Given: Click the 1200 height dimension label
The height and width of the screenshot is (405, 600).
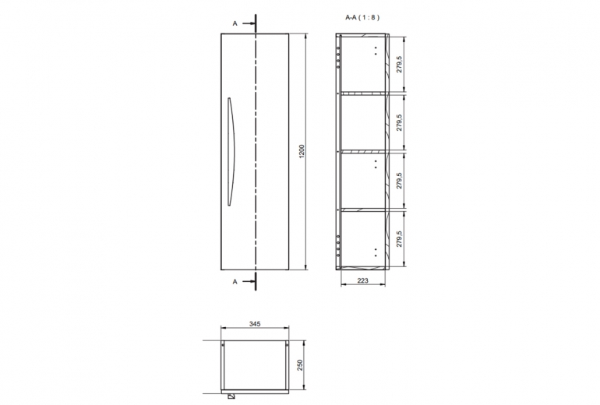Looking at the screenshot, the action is [x=302, y=151].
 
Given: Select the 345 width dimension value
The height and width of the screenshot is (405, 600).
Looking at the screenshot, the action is [x=255, y=324].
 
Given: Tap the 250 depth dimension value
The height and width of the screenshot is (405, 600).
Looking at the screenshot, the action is [x=300, y=364].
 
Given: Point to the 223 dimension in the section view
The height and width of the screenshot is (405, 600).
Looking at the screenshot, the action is [x=363, y=280].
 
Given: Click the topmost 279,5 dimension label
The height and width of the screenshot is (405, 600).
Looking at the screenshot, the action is [x=400, y=64].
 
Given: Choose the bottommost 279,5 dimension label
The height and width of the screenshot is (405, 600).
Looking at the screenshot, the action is [x=400, y=238].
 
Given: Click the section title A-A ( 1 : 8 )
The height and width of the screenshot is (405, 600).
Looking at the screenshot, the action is [x=362, y=17].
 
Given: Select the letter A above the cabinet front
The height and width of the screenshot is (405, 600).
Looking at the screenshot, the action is [x=235, y=23].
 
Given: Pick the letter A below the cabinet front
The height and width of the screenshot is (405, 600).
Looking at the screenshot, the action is [x=235, y=282].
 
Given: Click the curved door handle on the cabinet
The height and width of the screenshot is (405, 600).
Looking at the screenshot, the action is [x=232, y=151].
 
